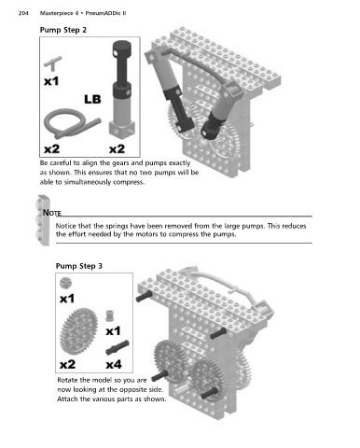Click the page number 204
click(x=23, y=13)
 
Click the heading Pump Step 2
click(x=63, y=30)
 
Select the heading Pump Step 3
click(x=79, y=266)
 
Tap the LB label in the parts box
click(x=92, y=99)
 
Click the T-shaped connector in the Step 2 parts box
click(x=53, y=63)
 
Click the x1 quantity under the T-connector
click(x=51, y=81)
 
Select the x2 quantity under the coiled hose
click(x=51, y=149)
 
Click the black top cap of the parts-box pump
click(x=122, y=49)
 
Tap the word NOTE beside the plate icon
click(x=51, y=213)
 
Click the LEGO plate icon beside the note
click(x=43, y=220)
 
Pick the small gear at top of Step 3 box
click(x=65, y=283)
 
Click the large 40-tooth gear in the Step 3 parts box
click(x=78, y=331)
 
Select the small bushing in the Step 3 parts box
click(x=109, y=315)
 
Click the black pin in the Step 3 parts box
click(x=118, y=347)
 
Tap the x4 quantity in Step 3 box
click(x=114, y=364)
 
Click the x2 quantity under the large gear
click(x=67, y=364)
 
